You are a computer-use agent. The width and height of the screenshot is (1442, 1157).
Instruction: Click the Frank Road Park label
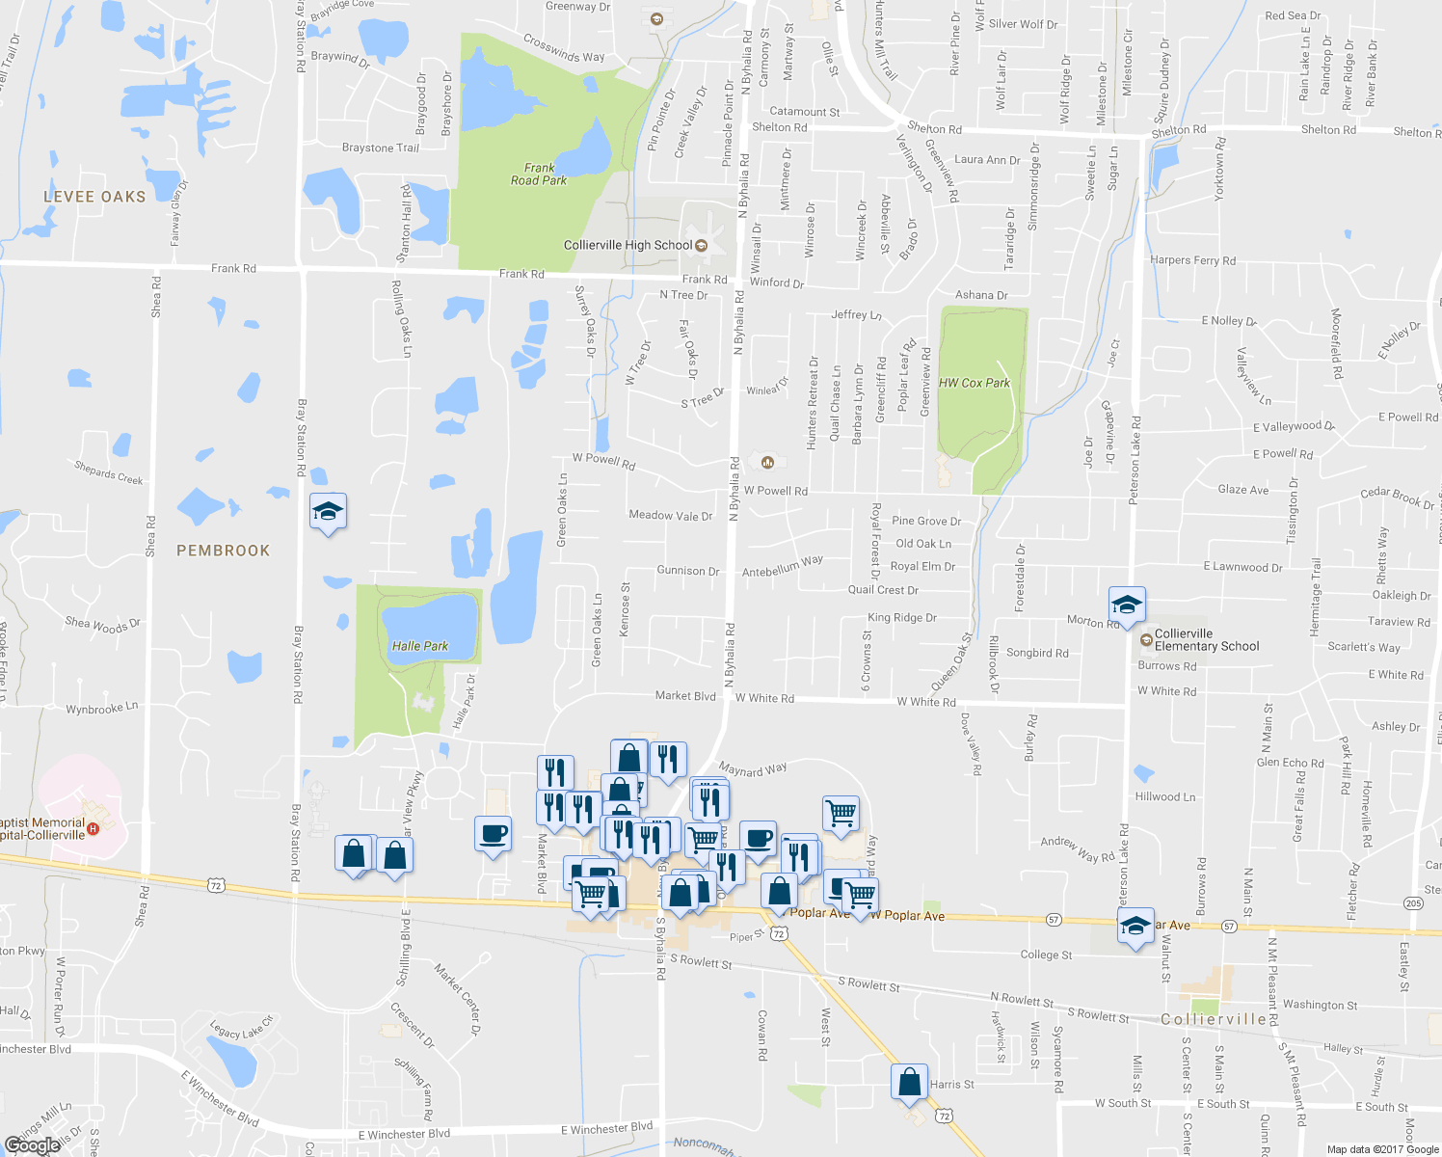coord(539,175)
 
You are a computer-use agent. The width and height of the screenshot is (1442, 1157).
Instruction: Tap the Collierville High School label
coord(628,245)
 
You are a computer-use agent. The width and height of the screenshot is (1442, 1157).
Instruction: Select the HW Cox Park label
coord(975,383)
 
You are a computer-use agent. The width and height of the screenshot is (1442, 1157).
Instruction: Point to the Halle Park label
coord(420,646)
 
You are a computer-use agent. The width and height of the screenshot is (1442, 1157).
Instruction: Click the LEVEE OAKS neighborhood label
coord(94,197)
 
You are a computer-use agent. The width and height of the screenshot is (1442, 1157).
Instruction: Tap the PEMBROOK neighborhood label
coord(223,551)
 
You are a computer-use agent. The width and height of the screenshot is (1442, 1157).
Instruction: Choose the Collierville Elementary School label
coord(1207,640)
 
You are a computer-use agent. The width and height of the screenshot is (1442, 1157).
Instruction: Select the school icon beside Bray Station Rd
coord(328,511)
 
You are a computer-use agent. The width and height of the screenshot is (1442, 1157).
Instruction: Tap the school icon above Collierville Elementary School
coord(1126,605)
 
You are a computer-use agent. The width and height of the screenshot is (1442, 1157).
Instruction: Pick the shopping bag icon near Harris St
coord(909,1082)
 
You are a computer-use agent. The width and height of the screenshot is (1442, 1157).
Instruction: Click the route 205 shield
coord(1413,903)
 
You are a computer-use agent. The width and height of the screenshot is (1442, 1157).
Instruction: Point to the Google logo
coord(33,1145)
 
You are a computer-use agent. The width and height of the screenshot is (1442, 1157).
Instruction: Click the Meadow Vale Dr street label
coord(670,516)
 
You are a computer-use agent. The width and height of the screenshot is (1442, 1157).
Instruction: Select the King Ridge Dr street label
coord(902,618)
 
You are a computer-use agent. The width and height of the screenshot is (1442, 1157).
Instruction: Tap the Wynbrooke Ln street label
coord(102,709)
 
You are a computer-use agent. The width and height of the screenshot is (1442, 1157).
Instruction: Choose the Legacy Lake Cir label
coord(242,1028)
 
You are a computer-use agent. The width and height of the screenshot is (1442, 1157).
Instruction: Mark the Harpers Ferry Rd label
coord(1192,260)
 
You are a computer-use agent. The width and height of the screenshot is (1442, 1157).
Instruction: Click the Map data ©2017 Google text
coord(1382,1149)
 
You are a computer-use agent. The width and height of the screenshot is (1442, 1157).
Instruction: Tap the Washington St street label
coord(1320,1005)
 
